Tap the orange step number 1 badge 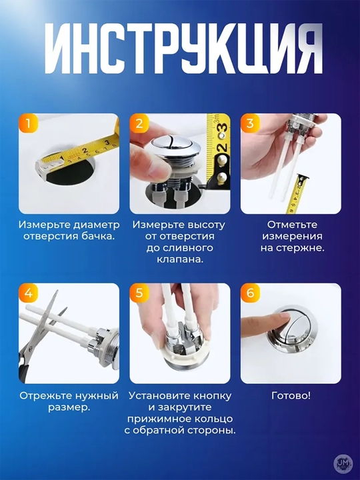tap(28, 123)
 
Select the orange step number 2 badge tap(139, 123)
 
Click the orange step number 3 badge tap(250, 123)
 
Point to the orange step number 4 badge tap(28, 293)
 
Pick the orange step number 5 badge tap(139, 293)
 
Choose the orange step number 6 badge tap(250, 293)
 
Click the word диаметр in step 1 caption tap(97, 225)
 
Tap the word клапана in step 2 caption tap(179, 259)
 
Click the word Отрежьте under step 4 tap(43, 396)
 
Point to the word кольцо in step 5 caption tap(213, 419)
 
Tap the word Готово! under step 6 tap(291, 396)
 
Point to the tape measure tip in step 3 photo tap(303, 177)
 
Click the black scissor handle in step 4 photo tap(23, 369)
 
